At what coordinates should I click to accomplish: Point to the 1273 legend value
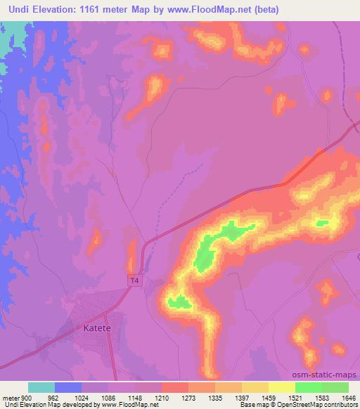click(x=188, y=397)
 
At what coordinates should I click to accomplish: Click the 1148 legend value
click(x=136, y=397)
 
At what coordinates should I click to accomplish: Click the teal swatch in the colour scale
click(x=41, y=387)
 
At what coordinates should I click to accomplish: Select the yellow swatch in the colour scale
click(x=281, y=387)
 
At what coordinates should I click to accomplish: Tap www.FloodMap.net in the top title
click(x=212, y=10)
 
